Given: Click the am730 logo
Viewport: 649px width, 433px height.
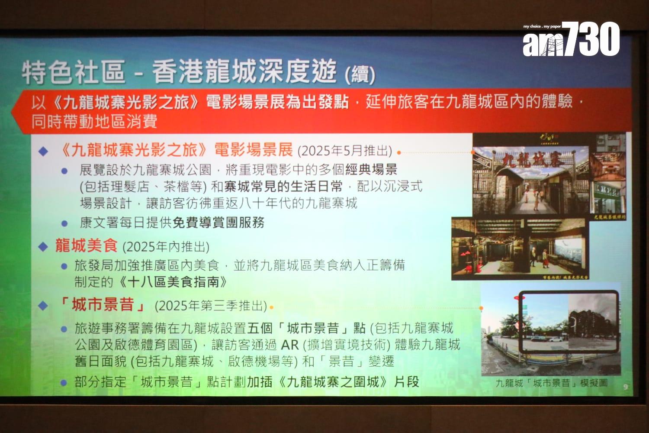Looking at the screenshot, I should click(x=571, y=39).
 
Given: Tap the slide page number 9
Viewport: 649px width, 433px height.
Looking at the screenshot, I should click(x=626, y=387).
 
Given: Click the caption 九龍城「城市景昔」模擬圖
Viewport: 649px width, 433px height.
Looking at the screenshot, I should click(x=551, y=383).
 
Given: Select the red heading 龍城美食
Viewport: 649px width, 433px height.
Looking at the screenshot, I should click(x=86, y=246).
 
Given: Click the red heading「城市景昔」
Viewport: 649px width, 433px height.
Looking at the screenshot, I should click(x=103, y=305).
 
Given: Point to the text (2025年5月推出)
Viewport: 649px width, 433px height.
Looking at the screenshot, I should click(x=344, y=151).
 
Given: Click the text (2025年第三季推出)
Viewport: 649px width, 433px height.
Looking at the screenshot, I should click(x=211, y=306).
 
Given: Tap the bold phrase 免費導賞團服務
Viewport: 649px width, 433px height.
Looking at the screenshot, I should click(x=218, y=223).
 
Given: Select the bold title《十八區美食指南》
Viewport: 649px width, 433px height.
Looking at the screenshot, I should click(x=172, y=282).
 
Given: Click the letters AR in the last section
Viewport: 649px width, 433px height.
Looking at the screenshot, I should click(x=289, y=345).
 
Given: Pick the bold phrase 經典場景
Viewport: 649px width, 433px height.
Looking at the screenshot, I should click(x=371, y=169).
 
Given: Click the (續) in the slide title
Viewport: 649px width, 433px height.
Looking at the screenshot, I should click(x=360, y=75).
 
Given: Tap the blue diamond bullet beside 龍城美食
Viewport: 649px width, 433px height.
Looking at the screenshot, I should click(x=43, y=247).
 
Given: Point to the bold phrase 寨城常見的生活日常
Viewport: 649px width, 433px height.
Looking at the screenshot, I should click(x=283, y=187).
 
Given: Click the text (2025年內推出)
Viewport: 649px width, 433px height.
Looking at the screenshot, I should click(x=166, y=247).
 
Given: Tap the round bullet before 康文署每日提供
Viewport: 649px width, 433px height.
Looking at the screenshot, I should click(x=64, y=224).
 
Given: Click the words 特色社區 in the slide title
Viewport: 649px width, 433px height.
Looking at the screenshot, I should click(x=74, y=72).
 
